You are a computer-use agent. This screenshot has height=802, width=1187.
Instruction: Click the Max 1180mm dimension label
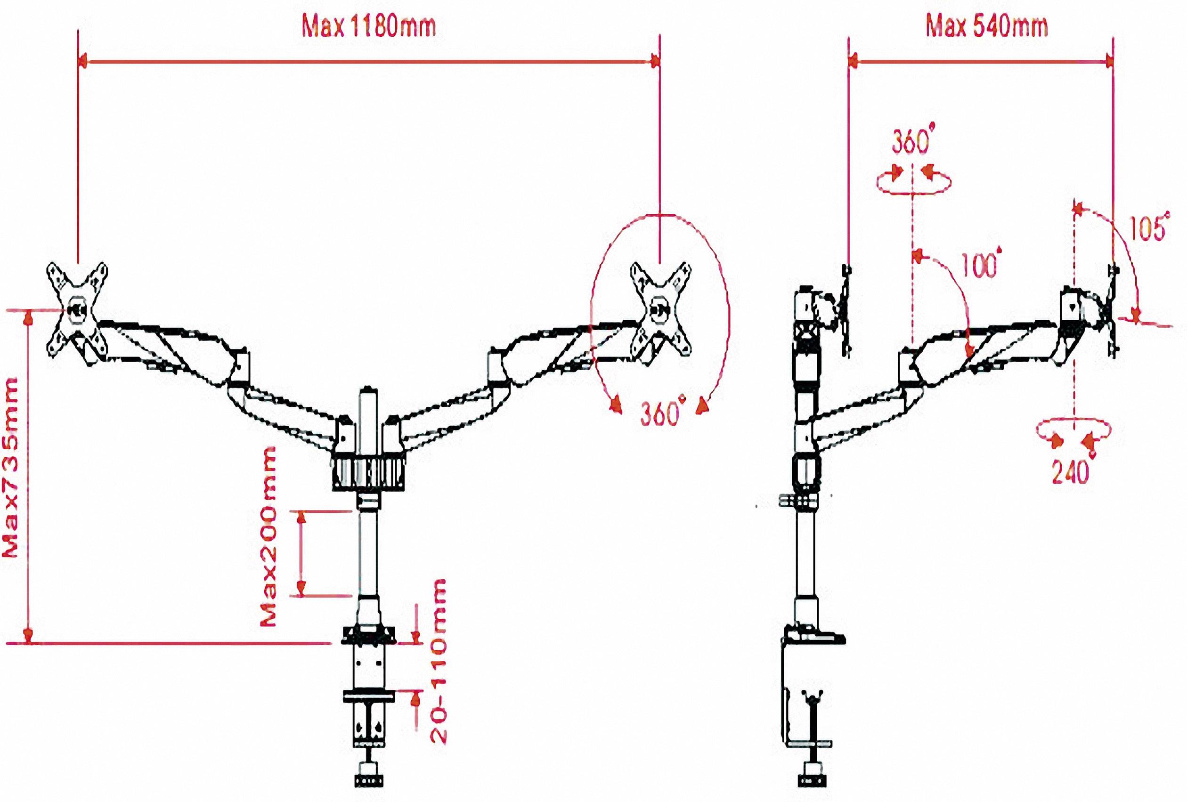pyautogui.click(x=369, y=26)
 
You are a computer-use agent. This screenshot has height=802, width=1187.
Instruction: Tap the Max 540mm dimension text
pyautogui.click(x=987, y=26)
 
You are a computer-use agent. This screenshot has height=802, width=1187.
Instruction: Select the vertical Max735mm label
pyautogui.click(x=11, y=467)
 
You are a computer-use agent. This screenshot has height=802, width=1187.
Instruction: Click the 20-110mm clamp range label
pyautogui.click(x=438, y=661)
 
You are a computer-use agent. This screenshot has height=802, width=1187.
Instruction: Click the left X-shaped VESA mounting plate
pyautogui.click(x=77, y=310)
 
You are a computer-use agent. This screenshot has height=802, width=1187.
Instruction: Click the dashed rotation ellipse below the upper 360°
pyautogui.click(x=913, y=182)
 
